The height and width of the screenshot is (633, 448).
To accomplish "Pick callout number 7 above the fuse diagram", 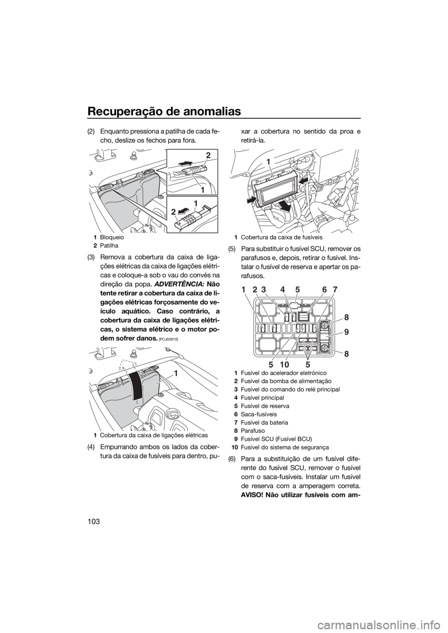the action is click(x=336, y=289).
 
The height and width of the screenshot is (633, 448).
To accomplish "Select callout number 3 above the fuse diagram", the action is click(x=264, y=289).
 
